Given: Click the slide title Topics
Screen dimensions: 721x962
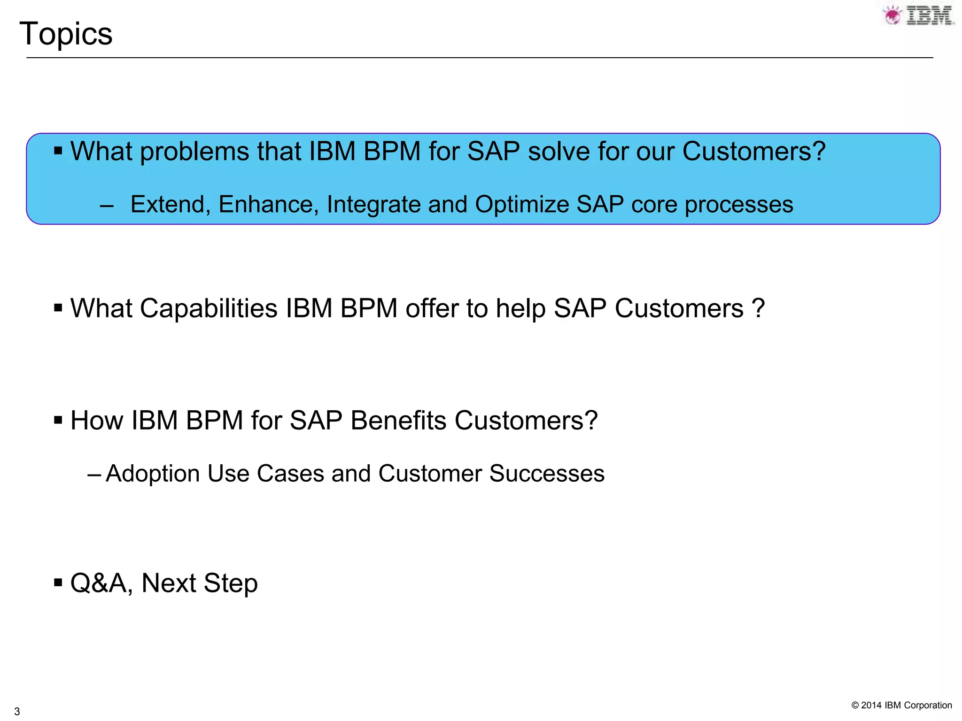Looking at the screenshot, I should tap(66, 34).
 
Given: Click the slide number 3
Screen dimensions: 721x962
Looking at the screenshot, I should tap(17, 711).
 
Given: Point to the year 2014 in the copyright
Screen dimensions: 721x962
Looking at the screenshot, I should tap(871, 705).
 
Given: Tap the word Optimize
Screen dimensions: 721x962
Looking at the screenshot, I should tap(521, 205).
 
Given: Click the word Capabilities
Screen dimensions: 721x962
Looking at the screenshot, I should tap(209, 308).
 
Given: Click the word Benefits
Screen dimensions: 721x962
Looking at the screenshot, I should tap(399, 420).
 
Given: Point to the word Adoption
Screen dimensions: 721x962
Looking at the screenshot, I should tap(153, 473).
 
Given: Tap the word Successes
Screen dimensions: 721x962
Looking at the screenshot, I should tap(547, 473).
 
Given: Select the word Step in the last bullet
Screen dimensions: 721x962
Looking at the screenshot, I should tap(231, 583).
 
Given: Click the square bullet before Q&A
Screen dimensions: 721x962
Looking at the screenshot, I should tap(58, 583).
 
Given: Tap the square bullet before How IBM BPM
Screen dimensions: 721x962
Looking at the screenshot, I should tap(58, 420).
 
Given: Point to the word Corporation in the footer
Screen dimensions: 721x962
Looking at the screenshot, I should tap(928, 705).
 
